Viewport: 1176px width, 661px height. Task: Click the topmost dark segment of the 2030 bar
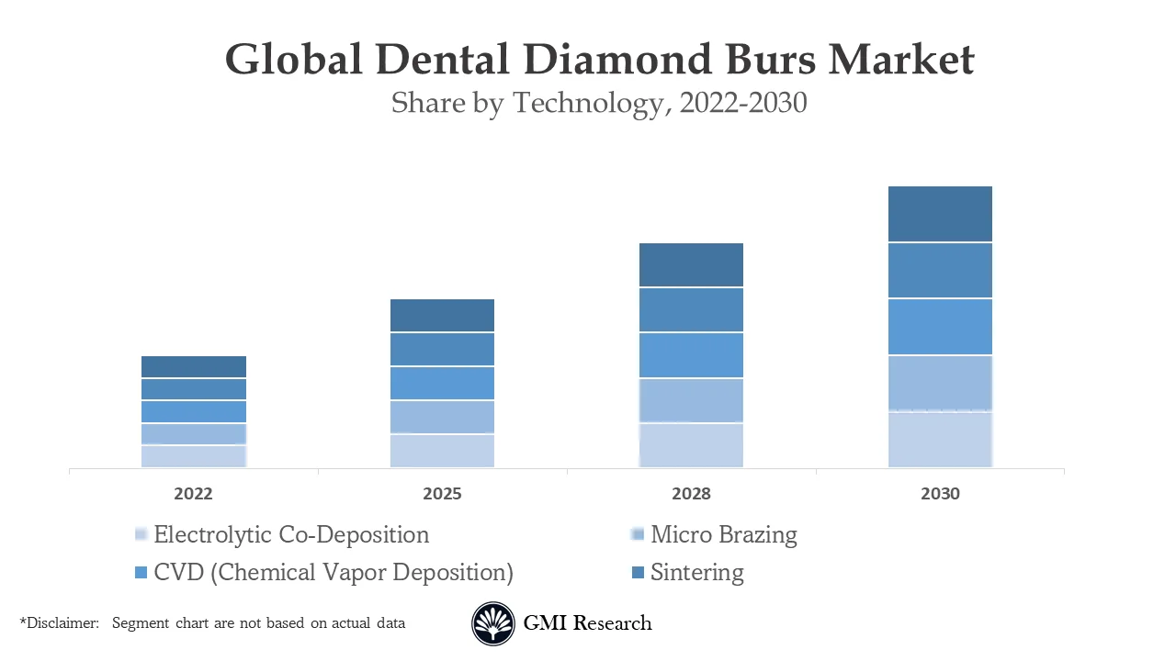940,214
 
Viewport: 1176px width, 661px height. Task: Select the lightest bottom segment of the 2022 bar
194,456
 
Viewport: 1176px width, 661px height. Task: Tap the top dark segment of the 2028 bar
691,264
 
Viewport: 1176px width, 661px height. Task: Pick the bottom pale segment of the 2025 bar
442,451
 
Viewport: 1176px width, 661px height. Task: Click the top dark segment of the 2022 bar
194,366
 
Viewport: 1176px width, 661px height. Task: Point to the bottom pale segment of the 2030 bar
940,440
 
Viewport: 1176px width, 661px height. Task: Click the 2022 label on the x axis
193,494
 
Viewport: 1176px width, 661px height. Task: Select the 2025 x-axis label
442,494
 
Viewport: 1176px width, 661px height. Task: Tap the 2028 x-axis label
691,494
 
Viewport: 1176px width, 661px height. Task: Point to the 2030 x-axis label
940,494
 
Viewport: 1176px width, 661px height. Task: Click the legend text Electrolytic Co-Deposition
291,534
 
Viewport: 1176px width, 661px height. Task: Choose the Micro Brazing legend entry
723,534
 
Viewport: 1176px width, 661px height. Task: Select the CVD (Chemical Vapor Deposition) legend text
334,572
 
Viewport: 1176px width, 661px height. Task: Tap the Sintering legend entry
696,572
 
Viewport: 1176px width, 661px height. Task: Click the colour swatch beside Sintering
638,573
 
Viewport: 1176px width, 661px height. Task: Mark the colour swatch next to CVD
141,573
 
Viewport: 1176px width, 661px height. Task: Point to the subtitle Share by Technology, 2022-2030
599,102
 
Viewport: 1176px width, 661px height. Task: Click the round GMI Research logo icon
493,624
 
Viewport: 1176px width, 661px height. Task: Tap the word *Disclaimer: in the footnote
60,622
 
